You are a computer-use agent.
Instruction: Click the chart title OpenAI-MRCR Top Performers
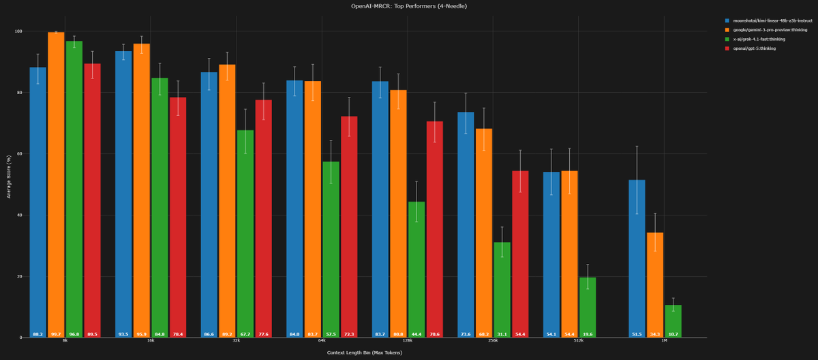[x=408, y=6]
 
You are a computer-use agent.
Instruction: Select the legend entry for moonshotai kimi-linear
[x=767, y=21]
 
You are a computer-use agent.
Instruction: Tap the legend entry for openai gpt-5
[x=754, y=48]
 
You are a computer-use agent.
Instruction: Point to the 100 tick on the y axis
[x=18, y=31]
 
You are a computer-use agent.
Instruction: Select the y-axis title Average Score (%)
[x=8, y=184]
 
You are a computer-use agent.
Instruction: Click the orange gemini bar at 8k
[x=56, y=184]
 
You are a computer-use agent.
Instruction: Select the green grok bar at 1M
[x=673, y=320]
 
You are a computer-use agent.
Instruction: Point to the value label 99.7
[x=56, y=334]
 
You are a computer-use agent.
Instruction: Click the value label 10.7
[x=673, y=334]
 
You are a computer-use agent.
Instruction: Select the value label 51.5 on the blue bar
[x=637, y=334]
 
